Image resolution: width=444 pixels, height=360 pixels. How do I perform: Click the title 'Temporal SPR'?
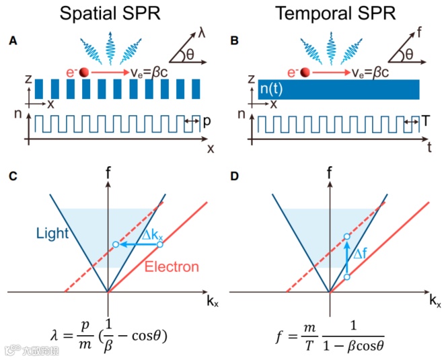click(x=330, y=14)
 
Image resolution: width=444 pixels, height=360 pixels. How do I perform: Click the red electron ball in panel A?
click(x=84, y=72)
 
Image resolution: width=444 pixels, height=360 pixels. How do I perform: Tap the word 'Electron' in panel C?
click(x=174, y=267)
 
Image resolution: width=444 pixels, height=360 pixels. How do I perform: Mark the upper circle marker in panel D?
click(x=346, y=237)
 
